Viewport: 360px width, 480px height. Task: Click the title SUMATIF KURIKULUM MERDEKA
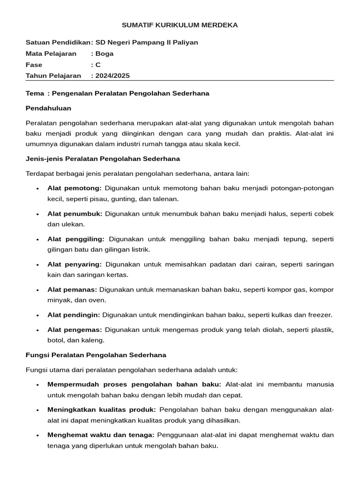coord(180,25)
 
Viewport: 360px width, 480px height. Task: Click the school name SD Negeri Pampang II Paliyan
coord(147,42)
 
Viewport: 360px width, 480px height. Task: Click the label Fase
coord(34,65)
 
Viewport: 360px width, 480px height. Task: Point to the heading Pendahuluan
coord(48,108)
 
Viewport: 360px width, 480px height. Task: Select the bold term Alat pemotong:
coord(75,188)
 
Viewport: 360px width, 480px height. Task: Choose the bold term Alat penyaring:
coord(75,264)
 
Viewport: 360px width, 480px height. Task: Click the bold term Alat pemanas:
coord(72,290)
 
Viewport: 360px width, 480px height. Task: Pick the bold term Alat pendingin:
coord(74,315)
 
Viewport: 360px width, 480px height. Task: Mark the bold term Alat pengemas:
coord(75,330)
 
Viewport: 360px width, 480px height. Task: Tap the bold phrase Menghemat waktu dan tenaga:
coord(101,435)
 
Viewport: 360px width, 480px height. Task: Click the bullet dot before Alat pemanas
coord(37,290)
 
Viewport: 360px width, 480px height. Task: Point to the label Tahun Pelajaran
coord(53,75)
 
